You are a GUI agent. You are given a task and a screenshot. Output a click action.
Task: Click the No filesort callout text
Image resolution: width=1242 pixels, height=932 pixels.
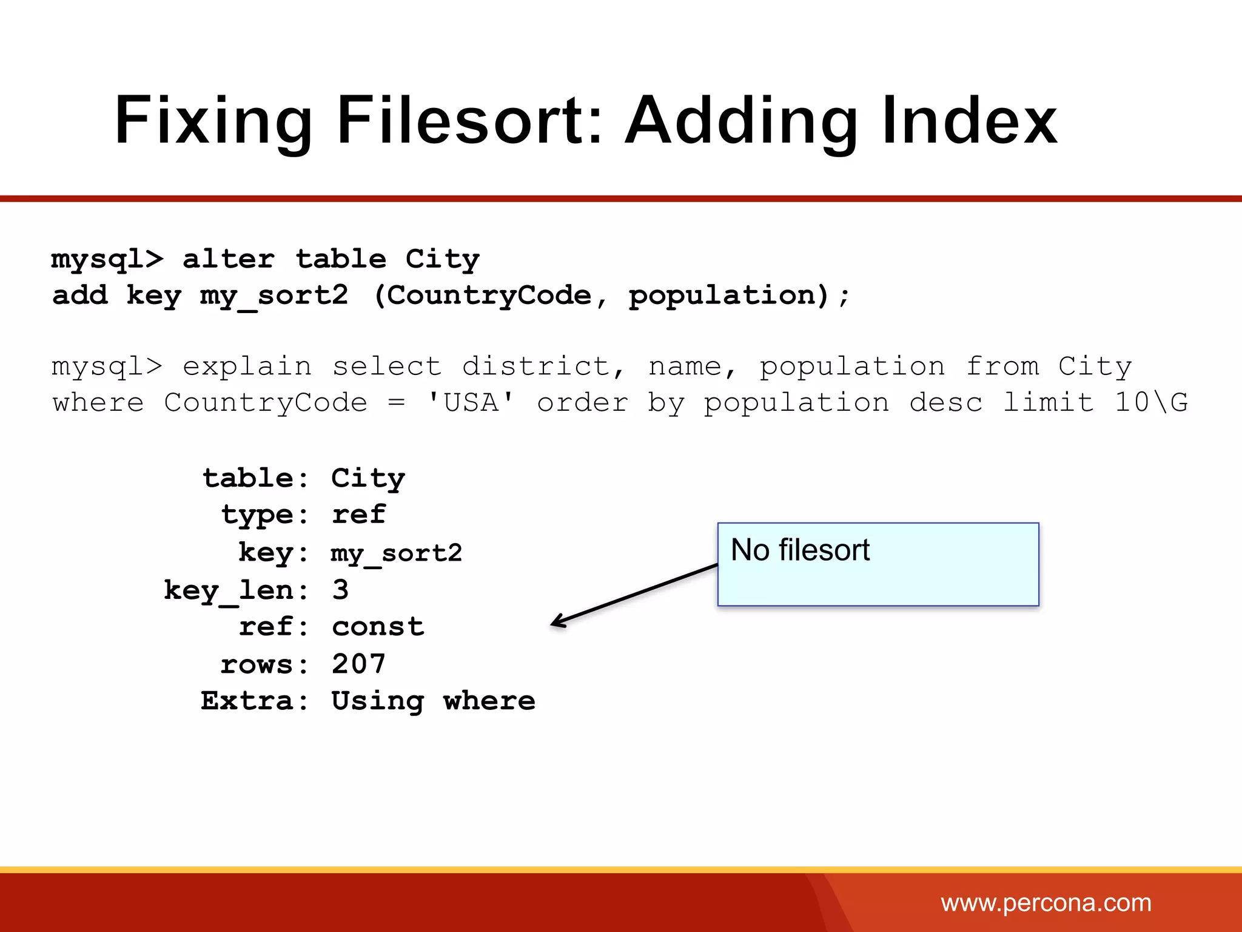click(800, 550)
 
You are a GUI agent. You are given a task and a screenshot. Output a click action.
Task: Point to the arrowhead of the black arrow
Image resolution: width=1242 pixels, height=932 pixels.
click(554, 624)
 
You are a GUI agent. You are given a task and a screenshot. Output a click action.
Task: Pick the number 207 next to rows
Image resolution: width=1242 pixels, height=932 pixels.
click(358, 664)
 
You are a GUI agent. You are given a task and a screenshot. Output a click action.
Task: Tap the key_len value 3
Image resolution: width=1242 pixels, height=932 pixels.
click(340, 590)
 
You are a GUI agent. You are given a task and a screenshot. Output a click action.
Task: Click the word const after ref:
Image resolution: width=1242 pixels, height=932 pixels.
click(378, 627)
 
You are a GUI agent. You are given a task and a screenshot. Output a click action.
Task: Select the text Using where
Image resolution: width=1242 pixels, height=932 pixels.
click(433, 701)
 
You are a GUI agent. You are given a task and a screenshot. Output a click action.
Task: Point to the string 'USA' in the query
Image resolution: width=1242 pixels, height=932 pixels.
click(471, 403)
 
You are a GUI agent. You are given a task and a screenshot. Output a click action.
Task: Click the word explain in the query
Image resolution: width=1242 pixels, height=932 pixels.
click(247, 366)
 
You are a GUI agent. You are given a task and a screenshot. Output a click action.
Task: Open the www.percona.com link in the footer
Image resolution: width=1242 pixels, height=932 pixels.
click(1046, 903)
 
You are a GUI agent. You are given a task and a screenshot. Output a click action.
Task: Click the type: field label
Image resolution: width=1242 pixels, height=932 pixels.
click(264, 515)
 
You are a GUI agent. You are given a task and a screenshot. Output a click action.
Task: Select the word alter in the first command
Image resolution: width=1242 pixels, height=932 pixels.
click(229, 260)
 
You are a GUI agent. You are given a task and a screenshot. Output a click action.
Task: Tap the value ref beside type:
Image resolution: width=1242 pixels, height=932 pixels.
click(358, 515)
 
